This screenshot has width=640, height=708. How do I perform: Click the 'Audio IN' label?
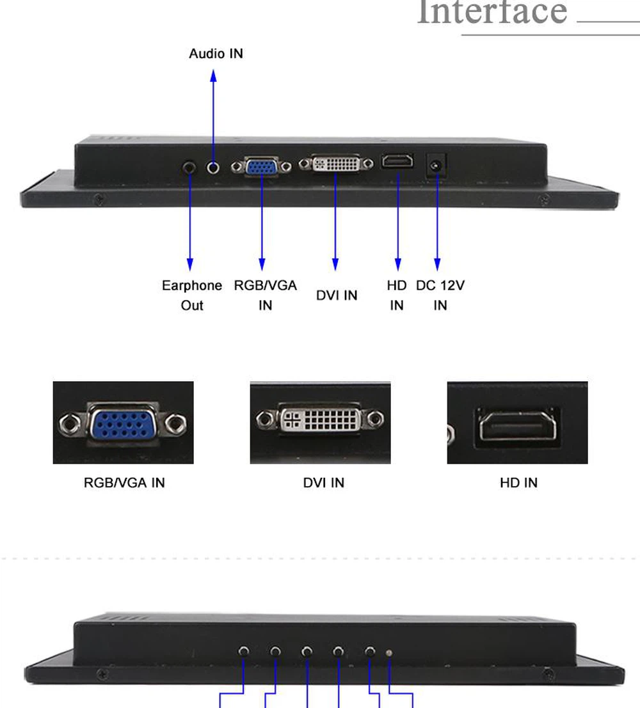coord(216,54)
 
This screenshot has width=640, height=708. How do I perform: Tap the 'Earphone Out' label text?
coord(191,295)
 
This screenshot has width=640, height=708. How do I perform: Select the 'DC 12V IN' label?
coord(440,295)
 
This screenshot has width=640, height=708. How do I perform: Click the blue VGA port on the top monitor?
coord(261,167)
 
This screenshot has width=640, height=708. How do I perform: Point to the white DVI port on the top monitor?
coord(336,164)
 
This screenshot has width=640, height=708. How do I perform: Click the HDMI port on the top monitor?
coord(397,162)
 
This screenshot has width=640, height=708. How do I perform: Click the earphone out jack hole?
coord(190,168)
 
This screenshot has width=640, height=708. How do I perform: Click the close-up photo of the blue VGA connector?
coord(123,422)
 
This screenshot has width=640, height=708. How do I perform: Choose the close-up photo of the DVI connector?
coord(320,422)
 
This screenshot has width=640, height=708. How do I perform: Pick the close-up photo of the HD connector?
coord(517,422)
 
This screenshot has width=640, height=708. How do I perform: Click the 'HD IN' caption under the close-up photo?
coord(518,483)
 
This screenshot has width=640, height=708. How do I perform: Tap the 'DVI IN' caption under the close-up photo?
coord(323,483)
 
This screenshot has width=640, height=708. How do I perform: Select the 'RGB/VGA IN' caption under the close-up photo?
coord(124,483)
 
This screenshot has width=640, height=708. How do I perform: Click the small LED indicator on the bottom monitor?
coord(389,653)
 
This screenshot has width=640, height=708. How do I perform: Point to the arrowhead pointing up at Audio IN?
coord(214,76)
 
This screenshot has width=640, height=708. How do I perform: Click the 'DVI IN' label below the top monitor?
coord(337,295)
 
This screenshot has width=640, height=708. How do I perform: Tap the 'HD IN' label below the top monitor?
coord(397,295)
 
